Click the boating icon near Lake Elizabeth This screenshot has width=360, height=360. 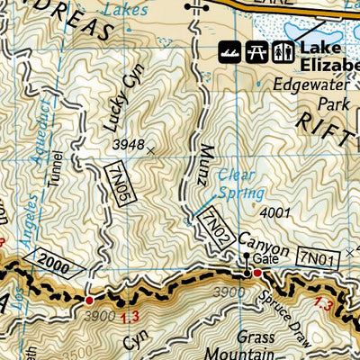pos(232,49)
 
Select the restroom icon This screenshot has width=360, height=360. pos(282,49)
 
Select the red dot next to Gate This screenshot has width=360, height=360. pos(256,273)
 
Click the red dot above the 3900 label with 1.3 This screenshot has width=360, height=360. pos(88,300)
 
